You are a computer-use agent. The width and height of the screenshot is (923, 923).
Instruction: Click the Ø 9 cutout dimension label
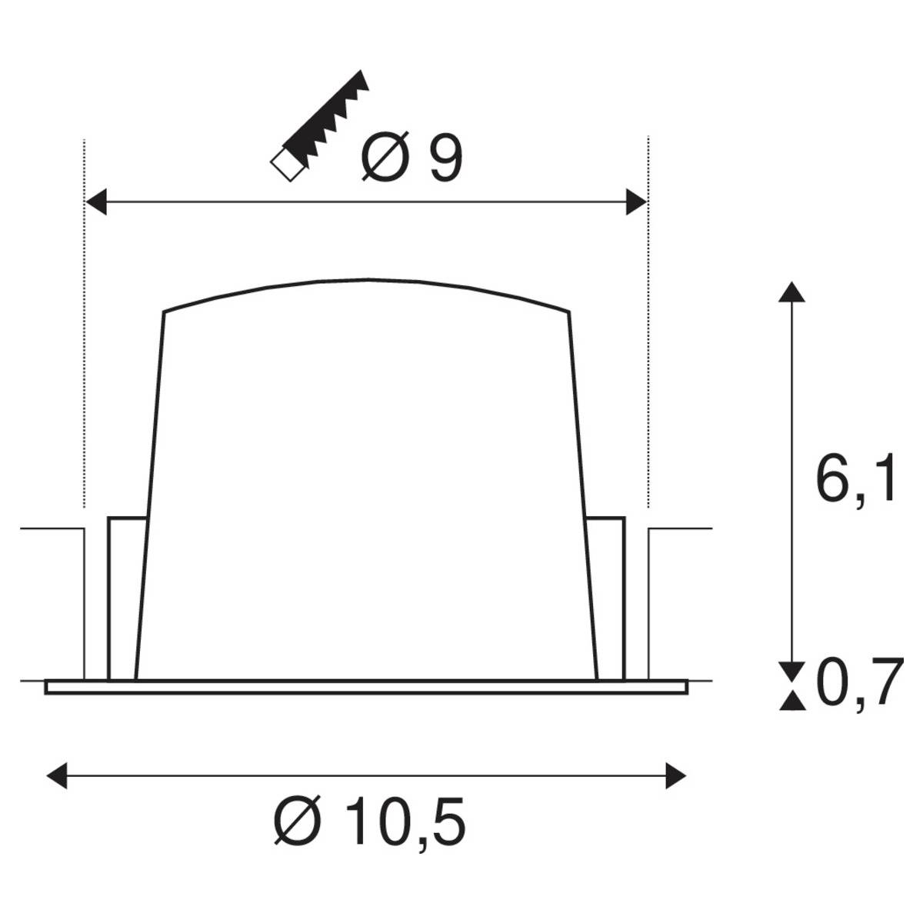[x=412, y=158]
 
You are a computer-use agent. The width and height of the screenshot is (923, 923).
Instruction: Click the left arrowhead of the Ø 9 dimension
[x=94, y=203]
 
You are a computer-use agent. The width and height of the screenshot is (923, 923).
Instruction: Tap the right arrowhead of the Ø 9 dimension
[x=637, y=203]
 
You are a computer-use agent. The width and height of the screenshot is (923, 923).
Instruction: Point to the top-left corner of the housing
[x=164, y=312]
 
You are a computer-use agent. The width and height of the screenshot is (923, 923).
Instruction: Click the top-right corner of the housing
[x=569, y=312]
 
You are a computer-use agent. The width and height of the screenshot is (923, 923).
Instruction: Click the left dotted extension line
[x=83, y=323]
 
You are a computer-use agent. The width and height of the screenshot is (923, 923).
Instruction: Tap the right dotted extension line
[x=648, y=323]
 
